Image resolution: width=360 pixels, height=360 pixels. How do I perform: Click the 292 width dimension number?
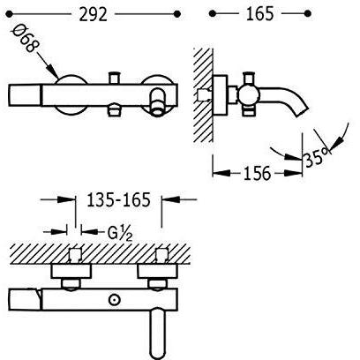[93, 15]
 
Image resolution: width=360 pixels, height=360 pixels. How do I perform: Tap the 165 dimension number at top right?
[259, 14]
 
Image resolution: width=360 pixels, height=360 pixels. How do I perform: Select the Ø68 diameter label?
[26, 38]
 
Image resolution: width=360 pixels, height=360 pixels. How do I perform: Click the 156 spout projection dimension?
[257, 174]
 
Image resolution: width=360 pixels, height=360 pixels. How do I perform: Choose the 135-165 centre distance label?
[118, 200]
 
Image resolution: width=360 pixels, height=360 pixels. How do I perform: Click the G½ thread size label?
[120, 235]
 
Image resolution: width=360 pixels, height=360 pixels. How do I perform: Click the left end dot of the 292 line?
[9, 13]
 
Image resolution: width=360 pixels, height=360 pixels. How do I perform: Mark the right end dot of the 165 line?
[308, 13]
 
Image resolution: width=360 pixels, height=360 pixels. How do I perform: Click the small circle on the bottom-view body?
[114, 300]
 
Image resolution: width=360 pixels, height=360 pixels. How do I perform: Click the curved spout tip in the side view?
[300, 112]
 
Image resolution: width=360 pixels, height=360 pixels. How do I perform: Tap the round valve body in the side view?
[249, 94]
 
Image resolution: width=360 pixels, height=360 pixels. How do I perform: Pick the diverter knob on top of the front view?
[114, 78]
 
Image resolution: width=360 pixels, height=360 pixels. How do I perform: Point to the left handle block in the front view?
[26, 95]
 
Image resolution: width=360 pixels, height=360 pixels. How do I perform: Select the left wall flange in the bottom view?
[71, 271]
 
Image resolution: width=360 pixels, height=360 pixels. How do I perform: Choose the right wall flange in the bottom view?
[157, 271]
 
